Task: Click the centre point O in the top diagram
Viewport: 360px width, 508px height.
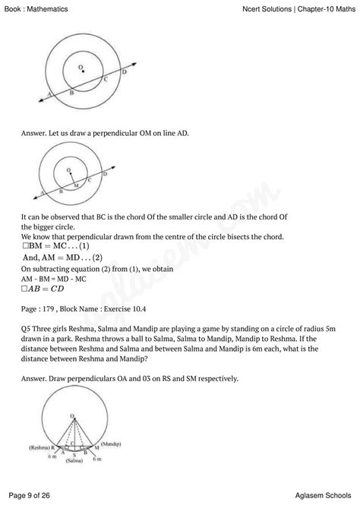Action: click(x=82, y=72)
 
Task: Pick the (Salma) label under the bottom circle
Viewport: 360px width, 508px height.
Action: click(x=74, y=461)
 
